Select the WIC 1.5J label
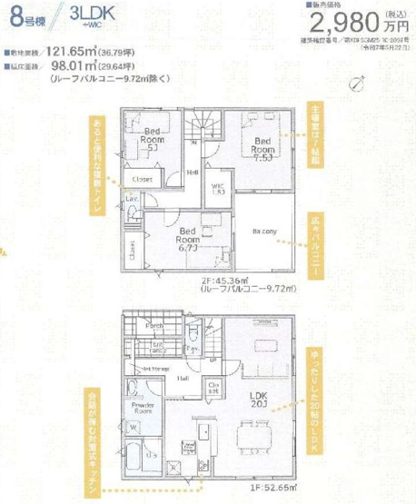[218, 190]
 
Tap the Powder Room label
[143, 408]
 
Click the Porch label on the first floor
[154, 326]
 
